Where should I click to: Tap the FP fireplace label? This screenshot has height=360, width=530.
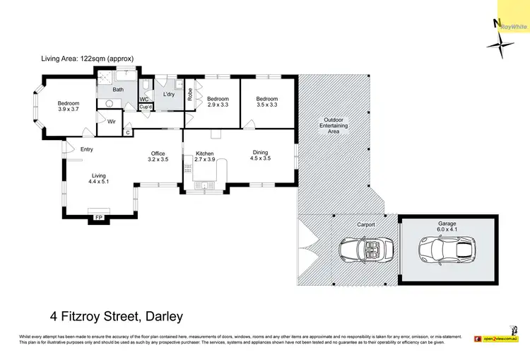(x=98, y=216)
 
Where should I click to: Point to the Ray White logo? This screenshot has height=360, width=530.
(x=514, y=26)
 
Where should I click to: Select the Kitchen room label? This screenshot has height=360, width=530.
(x=204, y=153)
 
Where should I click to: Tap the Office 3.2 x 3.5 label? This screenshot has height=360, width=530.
(x=158, y=157)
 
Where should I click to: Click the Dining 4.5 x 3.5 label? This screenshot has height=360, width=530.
(x=260, y=155)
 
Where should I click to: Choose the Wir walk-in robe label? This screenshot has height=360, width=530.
(x=111, y=122)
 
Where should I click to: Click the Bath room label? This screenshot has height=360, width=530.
(x=118, y=90)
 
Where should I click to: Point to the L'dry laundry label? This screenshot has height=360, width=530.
(x=169, y=94)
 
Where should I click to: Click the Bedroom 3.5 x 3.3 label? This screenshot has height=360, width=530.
(x=266, y=102)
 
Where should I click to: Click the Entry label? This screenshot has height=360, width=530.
(x=86, y=149)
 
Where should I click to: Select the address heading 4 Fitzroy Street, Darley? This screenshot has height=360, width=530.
(x=116, y=315)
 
